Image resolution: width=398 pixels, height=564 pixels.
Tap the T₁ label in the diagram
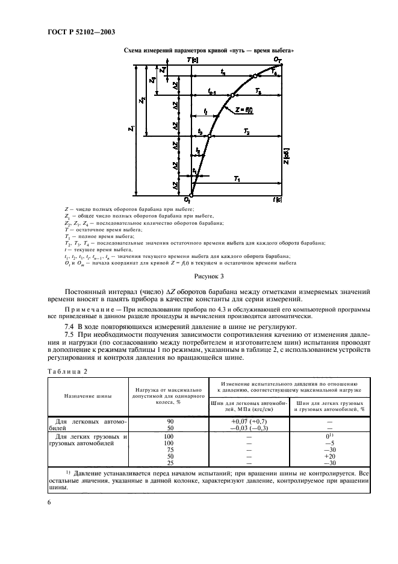click(x=237, y=180)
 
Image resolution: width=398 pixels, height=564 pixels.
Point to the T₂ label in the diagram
click(x=246, y=131)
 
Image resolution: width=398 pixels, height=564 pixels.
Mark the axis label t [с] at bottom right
click(x=277, y=199)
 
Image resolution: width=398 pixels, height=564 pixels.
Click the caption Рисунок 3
click(x=208, y=277)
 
